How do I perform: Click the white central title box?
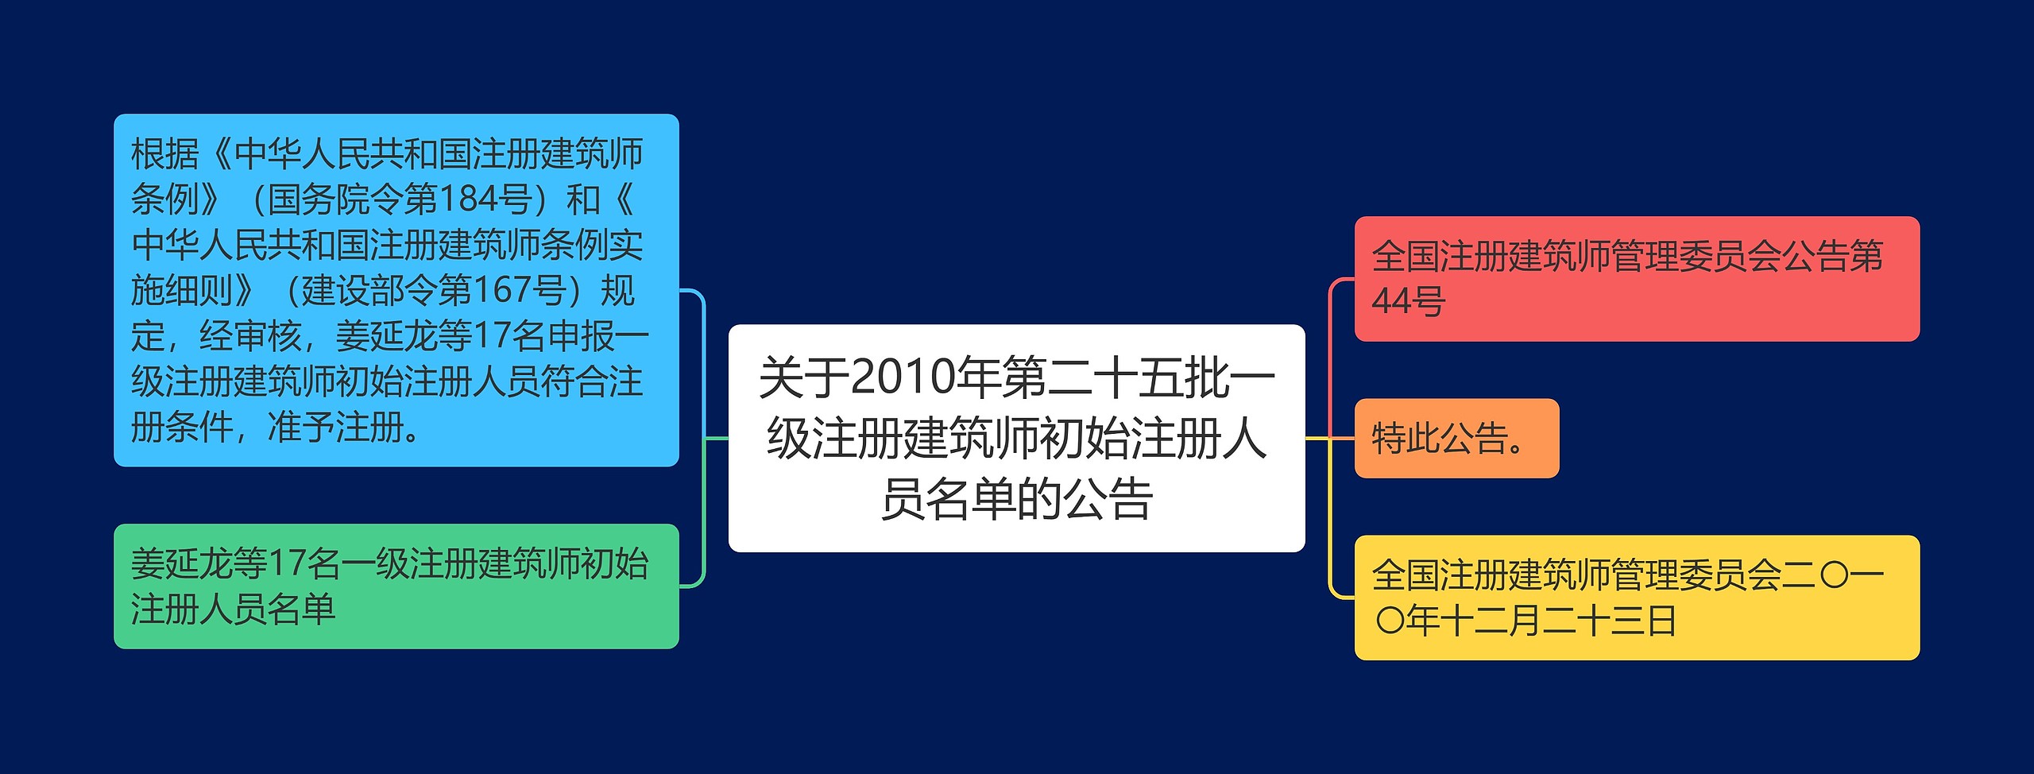(1016, 438)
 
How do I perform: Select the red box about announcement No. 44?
(1636, 279)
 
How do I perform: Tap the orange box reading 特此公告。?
(1456, 439)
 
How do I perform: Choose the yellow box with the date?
(1636, 598)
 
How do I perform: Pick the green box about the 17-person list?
(396, 586)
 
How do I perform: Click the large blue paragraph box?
(396, 290)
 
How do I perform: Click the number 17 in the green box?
(287, 564)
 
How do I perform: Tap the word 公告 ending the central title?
(1108, 499)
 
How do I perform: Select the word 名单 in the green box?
(301, 610)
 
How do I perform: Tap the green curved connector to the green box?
(703, 517)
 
